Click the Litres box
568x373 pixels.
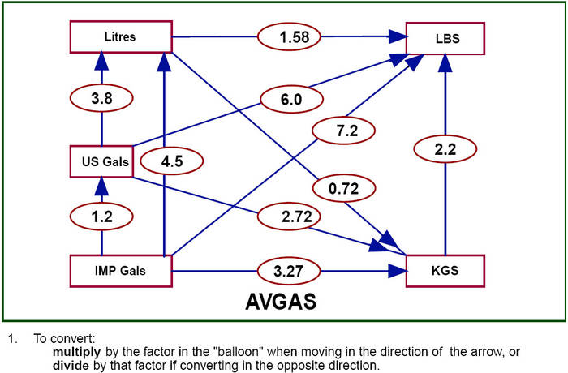[x=120, y=37]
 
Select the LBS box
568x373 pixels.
[x=445, y=38]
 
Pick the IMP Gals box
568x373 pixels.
[x=120, y=271]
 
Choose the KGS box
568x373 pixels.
[x=445, y=271]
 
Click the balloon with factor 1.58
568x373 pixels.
[x=290, y=36]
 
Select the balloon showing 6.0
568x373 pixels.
[x=291, y=99]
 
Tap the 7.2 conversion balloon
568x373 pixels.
[x=341, y=130]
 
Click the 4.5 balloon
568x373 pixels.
[x=172, y=161]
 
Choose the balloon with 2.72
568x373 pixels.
[x=291, y=217]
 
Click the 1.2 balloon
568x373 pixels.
[x=101, y=218]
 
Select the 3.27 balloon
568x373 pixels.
[x=291, y=270]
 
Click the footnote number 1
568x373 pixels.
[x=11, y=337]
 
